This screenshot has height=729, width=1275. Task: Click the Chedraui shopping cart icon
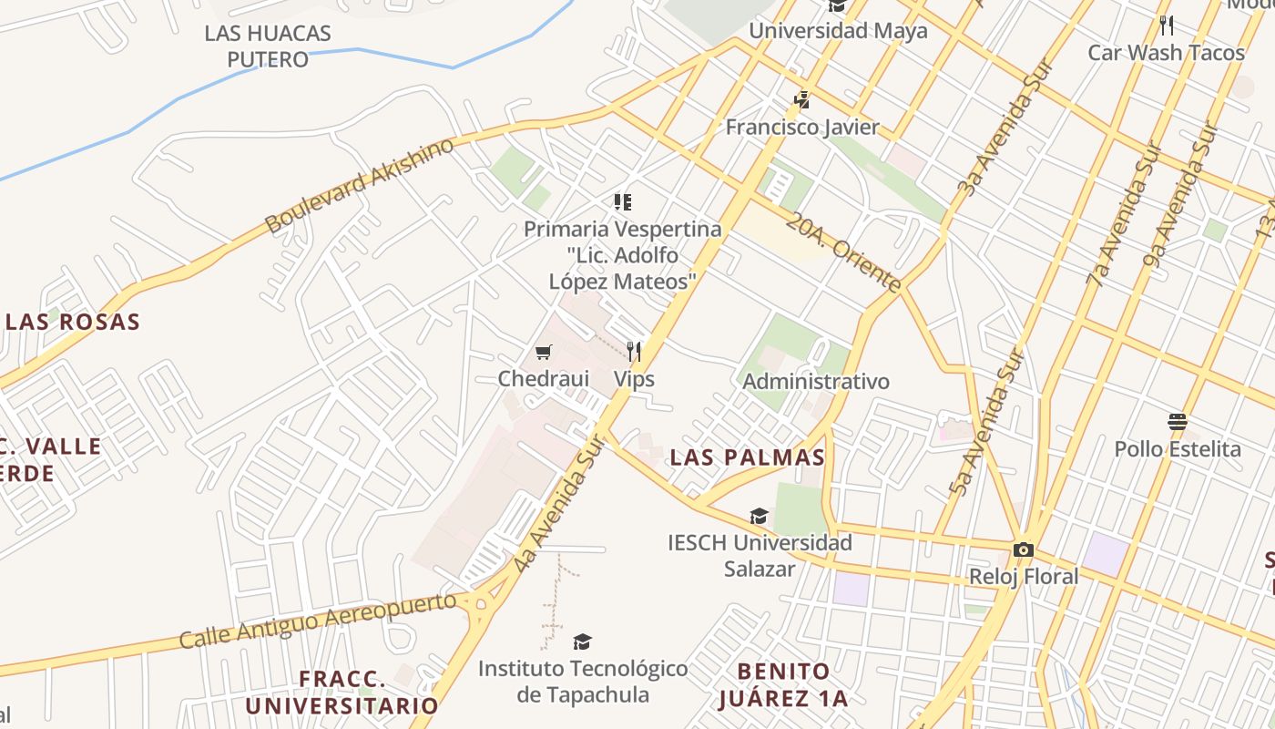(x=544, y=352)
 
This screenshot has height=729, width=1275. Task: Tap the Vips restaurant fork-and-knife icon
(x=634, y=351)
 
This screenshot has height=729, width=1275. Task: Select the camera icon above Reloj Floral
(x=1023, y=549)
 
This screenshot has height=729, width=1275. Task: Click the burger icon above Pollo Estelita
(x=1178, y=422)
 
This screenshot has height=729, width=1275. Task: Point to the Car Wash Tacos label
(x=1166, y=52)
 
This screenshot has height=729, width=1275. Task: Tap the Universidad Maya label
(x=838, y=30)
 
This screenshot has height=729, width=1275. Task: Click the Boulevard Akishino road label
(x=359, y=186)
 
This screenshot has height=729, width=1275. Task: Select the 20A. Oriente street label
(x=844, y=252)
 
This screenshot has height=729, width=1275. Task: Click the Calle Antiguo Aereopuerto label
(x=318, y=620)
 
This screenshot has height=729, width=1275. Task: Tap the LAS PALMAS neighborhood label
(x=748, y=457)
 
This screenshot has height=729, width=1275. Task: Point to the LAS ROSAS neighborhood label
(x=73, y=322)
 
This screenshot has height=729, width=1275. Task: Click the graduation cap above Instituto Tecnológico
(x=582, y=642)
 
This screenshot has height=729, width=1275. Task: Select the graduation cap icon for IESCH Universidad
(x=759, y=517)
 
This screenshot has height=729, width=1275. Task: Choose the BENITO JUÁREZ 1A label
(x=783, y=685)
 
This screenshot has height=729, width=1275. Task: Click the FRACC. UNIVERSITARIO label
(x=342, y=693)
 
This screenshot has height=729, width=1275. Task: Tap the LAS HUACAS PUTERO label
(x=268, y=46)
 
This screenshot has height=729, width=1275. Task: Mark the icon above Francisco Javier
(x=802, y=99)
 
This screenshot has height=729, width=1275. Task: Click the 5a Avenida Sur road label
(x=986, y=425)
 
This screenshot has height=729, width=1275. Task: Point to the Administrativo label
(x=816, y=381)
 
